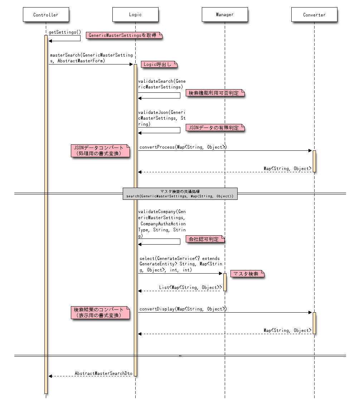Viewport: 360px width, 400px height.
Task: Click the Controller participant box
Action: [45, 15]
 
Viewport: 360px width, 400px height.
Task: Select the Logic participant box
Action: [135, 15]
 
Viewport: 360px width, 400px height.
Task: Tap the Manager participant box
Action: [225, 15]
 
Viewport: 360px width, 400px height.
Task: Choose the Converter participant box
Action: [314, 15]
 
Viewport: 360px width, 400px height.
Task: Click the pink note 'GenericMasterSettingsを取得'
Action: [124, 35]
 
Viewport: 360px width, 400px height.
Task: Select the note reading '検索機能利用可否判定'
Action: [214, 93]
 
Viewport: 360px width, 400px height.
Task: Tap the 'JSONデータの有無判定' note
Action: [214, 127]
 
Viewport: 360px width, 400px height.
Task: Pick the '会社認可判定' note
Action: [205, 239]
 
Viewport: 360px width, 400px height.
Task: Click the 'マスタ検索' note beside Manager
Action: [247, 274]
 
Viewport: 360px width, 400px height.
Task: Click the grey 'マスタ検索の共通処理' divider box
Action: [180, 194]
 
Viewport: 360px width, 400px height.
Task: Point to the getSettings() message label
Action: [65, 32]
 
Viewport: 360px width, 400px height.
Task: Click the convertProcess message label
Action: [183, 147]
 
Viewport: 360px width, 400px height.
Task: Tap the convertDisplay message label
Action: [183, 309]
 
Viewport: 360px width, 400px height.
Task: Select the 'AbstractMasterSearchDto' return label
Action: [103, 373]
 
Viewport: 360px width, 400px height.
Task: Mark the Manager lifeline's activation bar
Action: [225, 282]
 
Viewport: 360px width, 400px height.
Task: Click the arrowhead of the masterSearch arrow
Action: [131, 64]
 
